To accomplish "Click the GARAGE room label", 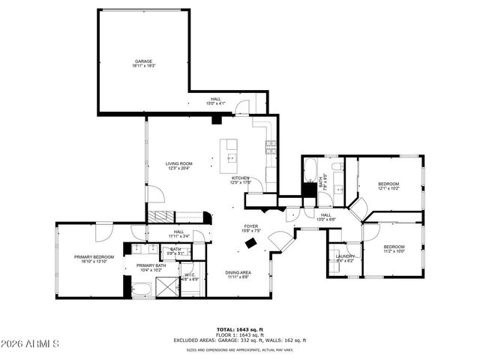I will (x=144, y=64).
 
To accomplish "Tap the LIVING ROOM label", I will (x=179, y=166).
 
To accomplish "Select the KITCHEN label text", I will (x=240, y=179).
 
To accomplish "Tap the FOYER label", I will (x=250, y=228).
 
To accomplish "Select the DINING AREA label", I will (x=238, y=274).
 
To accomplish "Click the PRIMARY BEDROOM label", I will (x=93, y=259).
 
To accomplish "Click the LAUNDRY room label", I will (x=345, y=259).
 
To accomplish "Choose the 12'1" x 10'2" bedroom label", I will (x=388, y=186).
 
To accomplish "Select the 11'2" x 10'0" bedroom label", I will (x=394, y=249).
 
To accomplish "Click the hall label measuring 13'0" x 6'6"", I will (x=326, y=217).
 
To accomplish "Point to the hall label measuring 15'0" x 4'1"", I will (x=215, y=101).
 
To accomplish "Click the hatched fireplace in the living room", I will (x=157, y=217).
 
